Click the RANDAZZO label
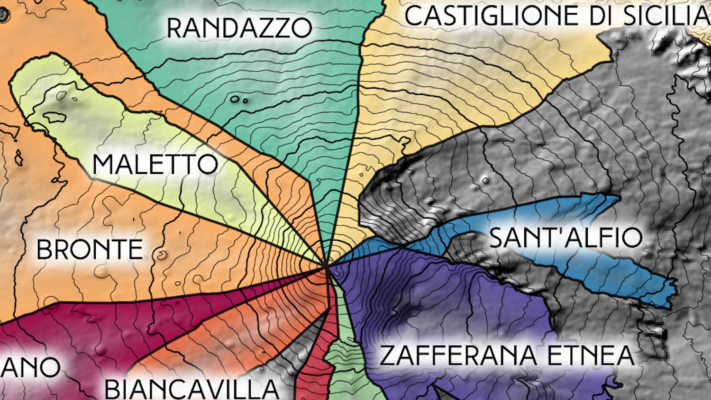click(239, 28)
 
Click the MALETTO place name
click(155, 164)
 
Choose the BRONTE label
click(90, 250)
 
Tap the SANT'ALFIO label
click(565, 237)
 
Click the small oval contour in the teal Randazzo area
click(235, 99)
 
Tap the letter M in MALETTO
click(104, 164)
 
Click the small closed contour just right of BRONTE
click(162, 256)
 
